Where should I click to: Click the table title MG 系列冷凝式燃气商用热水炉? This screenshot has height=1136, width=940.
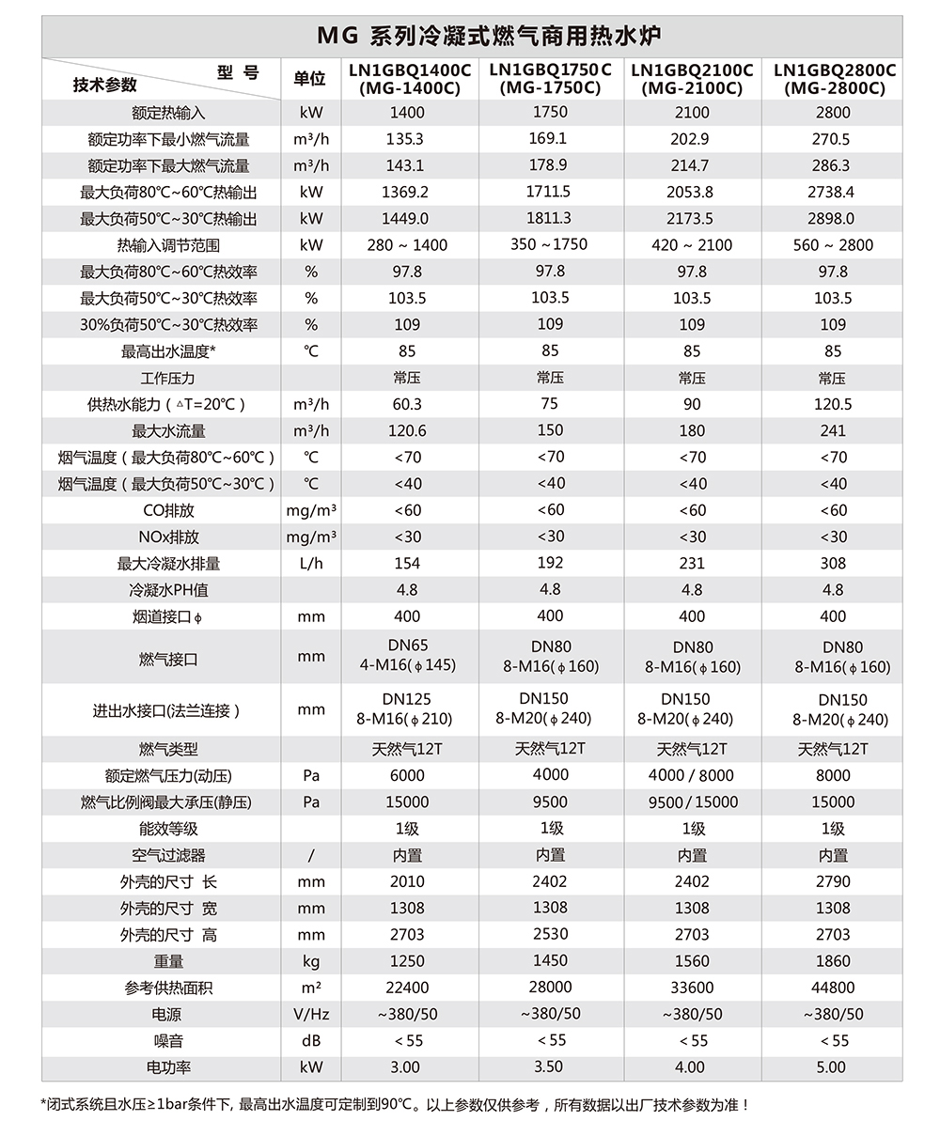(x=489, y=37)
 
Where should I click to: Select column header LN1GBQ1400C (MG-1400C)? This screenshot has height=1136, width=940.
(x=409, y=80)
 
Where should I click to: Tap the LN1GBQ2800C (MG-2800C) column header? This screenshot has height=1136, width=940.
(x=834, y=80)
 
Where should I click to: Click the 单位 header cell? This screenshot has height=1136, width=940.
(x=310, y=79)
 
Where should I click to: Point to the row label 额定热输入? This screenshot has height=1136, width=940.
(x=168, y=113)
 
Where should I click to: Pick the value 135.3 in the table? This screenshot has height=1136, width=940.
(x=406, y=139)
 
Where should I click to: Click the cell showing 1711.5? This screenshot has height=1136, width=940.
(x=550, y=192)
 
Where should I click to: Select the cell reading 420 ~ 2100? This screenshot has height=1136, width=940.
(x=692, y=245)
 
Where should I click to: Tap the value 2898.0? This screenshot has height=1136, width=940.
(x=833, y=219)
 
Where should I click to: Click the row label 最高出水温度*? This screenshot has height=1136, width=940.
(x=168, y=351)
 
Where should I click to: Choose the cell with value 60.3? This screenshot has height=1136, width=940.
(x=406, y=404)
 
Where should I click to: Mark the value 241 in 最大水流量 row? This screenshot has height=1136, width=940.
(x=833, y=431)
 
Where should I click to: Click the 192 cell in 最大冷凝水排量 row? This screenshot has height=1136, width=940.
(x=550, y=563)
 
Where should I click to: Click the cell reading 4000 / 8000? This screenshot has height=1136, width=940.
(x=692, y=776)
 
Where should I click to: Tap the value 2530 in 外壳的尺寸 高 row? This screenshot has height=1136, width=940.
(x=550, y=934)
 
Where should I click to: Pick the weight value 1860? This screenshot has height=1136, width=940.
(x=833, y=961)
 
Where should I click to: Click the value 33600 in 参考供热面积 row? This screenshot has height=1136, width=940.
(x=692, y=988)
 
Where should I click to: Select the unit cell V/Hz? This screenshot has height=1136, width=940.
(x=310, y=1015)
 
